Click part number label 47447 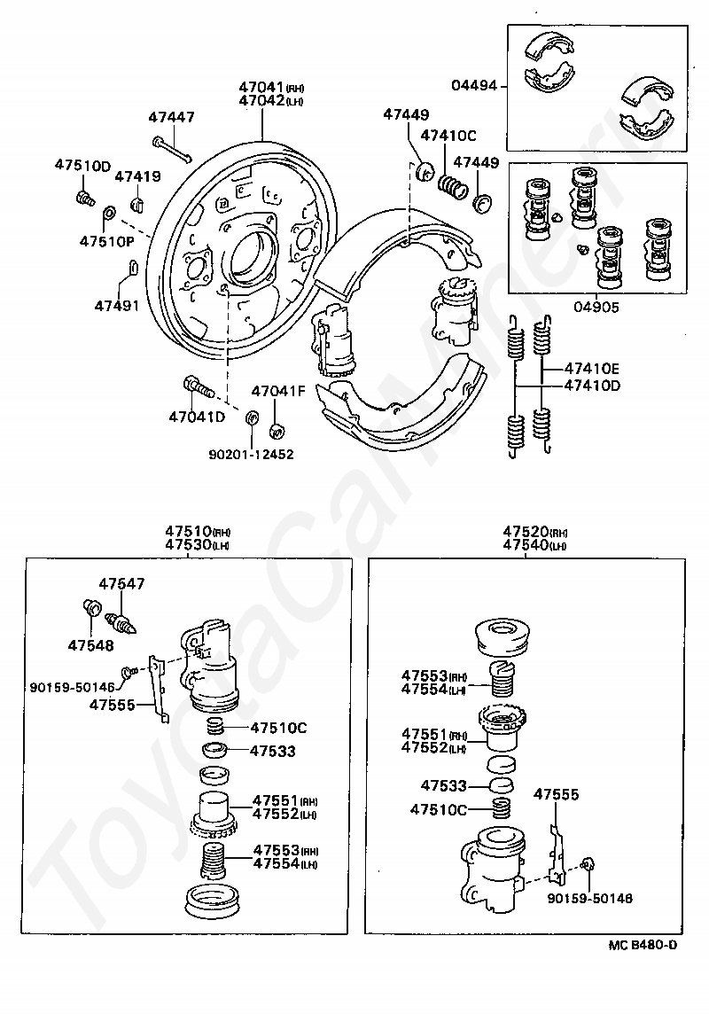pyautogui.click(x=171, y=117)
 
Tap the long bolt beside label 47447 pyautogui.click(x=172, y=149)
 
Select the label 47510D pyautogui.click(x=82, y=165)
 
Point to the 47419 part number pyautogui.click(x=137, y=175)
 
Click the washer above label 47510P pyautogui.click(x=110, y=213)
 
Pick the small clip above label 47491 pyautogui.click(x=131, y=267)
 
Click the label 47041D pyautogui.click(x=197, y=417)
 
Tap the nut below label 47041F pyautogui.click(x=277, y=429)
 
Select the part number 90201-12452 pyautogui.click(x=251, y=455)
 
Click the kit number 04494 pyautogui.click(x=474, y=85)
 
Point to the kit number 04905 pyautogui.click(x=596, y=308)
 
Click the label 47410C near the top pyautogui.click(x=448, y=135)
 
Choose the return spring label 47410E pyautogui.click(x=592, y=369)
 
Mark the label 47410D pyautogui.click(x=592, y=386)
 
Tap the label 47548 pyautogui.click(x=90, y=645)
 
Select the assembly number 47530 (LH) pyautogui.click(x=198, y=544)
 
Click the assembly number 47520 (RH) pyautogui.click(x=535, y=532)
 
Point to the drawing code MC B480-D pyautogui.click(x=643, y=945)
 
